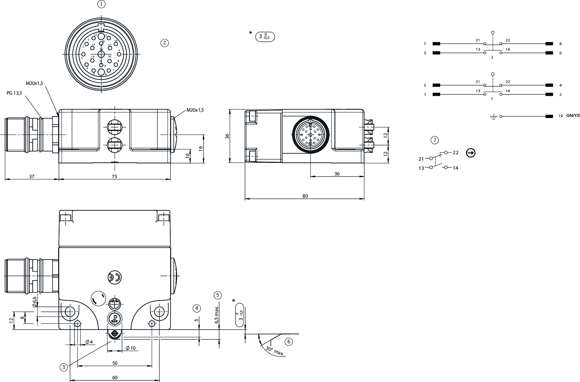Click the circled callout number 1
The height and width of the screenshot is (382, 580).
coord(101,4)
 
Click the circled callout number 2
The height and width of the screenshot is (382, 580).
coord(165,43)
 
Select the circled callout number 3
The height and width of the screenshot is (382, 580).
coord(63,367)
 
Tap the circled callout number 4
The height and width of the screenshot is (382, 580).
coord(197,308)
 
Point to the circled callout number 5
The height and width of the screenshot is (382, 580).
coord(217,295)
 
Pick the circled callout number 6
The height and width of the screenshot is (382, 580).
coord(289,342)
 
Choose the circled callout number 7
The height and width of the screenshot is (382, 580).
coord(435,140)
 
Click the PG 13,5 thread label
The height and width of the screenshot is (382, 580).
coord(14,93)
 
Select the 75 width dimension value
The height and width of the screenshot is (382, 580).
coord(114,177)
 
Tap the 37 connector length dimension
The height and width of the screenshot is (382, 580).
coord(32,177)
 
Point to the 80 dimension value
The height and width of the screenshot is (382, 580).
coord(305,196)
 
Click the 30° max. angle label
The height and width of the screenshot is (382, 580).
coord(275,352)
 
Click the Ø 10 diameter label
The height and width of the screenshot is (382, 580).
coord(130,348)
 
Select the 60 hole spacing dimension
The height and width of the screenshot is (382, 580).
coord(115,378)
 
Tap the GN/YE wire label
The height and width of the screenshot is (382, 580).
coord(573,116)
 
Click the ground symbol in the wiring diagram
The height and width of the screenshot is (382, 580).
coord(493,117)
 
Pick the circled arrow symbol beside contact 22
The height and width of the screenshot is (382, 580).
coord(470,153)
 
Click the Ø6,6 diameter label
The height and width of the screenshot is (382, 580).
coord(35,302)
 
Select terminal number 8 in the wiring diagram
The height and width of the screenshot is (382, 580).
coord(561,44)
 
